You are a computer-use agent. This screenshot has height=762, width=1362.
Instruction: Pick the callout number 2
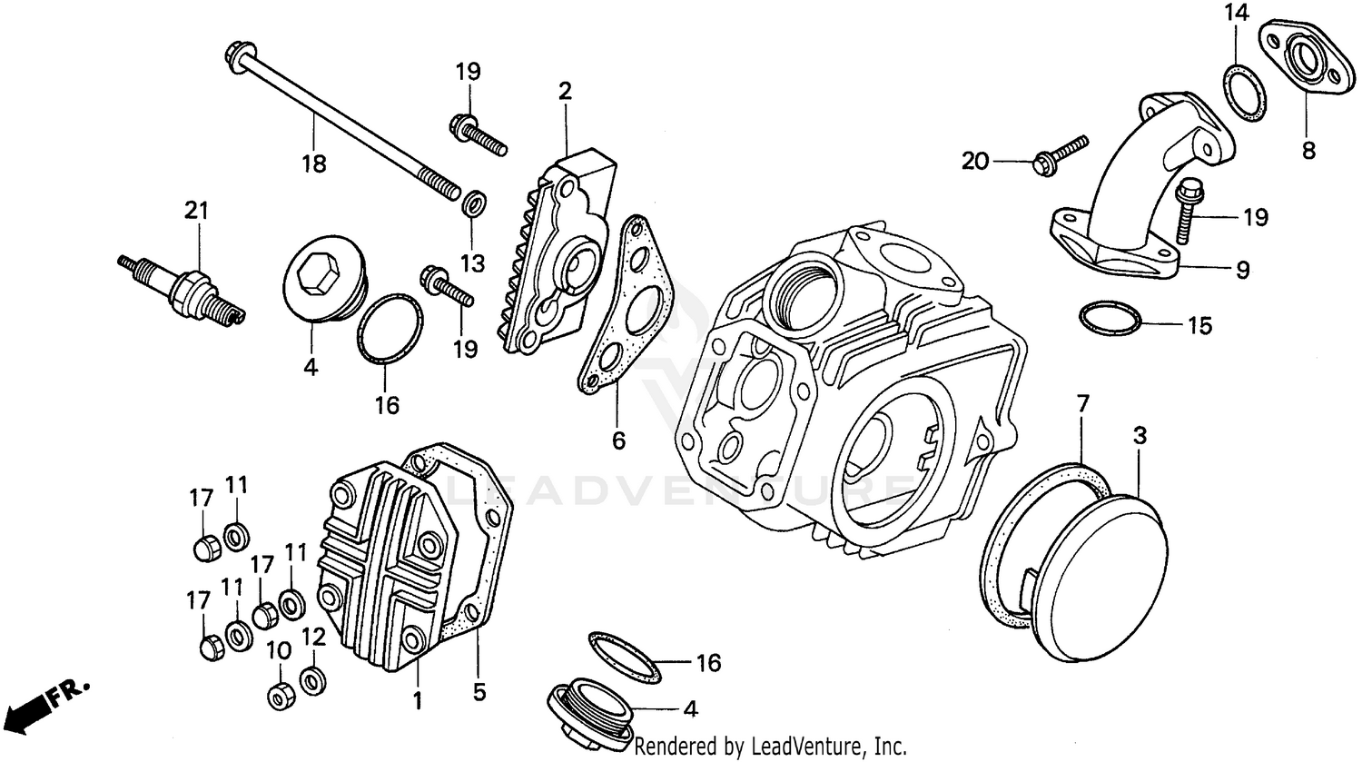(x=565, y=92)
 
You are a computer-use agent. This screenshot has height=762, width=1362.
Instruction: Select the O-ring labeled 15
(x=1110, y=319)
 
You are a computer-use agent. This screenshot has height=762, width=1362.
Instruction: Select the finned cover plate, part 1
(x=377, y=563)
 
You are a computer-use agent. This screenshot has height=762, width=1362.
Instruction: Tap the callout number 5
(x=479, y=693)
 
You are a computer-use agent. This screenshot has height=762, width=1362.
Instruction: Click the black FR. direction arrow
(x=27, y=704)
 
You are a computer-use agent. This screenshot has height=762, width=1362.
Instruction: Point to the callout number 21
(x=196, y=212)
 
